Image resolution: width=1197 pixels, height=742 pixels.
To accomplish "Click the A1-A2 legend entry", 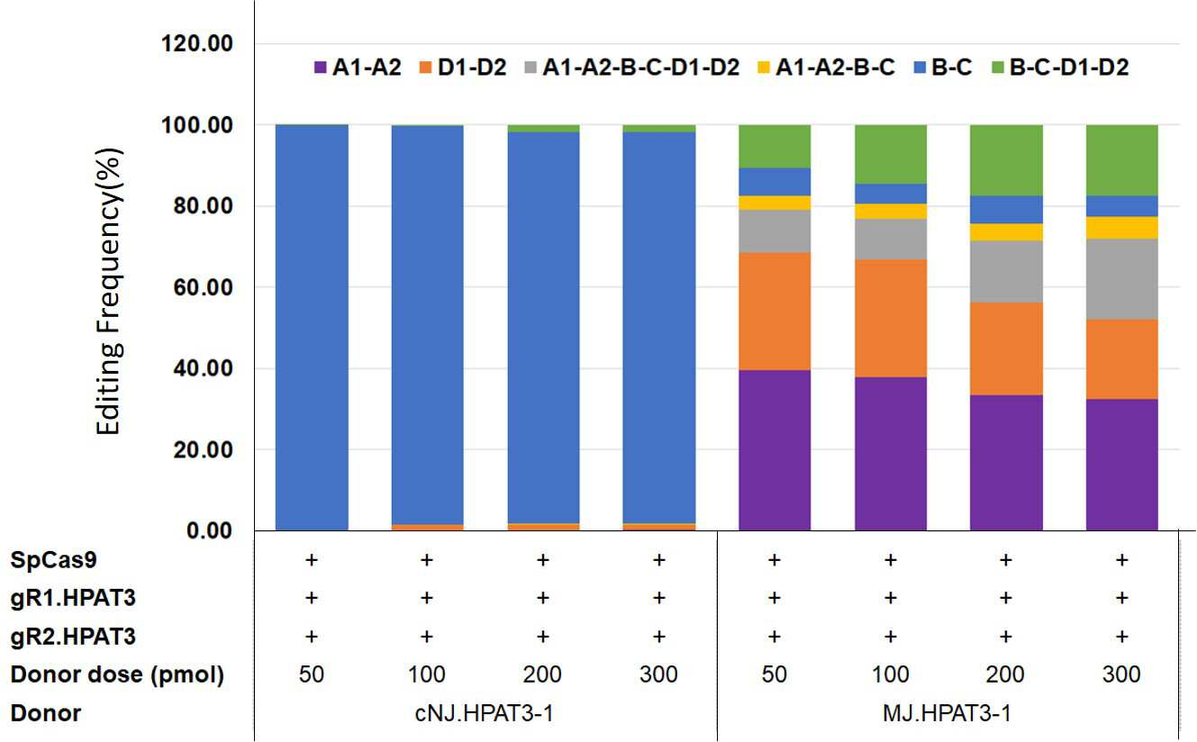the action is coord(358,68).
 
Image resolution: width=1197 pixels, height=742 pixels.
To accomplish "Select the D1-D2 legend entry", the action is coord(463,68).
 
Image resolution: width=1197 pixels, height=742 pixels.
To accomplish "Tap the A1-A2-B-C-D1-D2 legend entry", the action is coord(632,68).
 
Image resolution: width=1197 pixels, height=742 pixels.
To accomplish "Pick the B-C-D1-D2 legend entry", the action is coord(1060,68).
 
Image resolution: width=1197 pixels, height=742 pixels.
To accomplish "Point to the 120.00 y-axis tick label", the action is coord(196,43).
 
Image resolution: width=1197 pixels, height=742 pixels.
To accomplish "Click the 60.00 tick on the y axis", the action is coord(203,287).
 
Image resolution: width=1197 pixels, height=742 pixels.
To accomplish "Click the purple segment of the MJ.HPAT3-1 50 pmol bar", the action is coord(775,450).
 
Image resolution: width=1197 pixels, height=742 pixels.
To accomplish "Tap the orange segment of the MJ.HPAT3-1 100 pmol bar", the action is coord(891,319).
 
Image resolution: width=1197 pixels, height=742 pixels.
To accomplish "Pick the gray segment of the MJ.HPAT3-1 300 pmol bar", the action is coord(1122,279).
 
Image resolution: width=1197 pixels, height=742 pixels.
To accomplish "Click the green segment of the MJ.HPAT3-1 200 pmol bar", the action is coord(1006,160).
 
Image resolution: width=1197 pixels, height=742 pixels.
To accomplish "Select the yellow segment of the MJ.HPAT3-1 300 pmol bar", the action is coord(1122,228).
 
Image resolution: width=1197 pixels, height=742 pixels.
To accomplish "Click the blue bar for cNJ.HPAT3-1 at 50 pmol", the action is coord(312,328).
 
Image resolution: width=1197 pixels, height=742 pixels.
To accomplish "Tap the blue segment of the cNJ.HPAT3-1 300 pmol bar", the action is coord(659,328).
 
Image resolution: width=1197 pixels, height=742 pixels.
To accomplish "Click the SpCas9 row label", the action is coord(53,560).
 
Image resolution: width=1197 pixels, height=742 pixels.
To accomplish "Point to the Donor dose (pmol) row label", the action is coord(117,674).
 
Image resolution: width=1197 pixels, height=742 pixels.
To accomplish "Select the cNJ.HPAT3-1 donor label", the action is coord(485,713).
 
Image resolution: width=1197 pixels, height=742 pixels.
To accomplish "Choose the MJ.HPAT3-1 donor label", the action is coord(947,713).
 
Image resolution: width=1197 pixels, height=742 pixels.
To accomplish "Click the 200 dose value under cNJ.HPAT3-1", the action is coord(542,674).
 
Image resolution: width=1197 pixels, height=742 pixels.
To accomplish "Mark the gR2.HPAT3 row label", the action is coord(73,637).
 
